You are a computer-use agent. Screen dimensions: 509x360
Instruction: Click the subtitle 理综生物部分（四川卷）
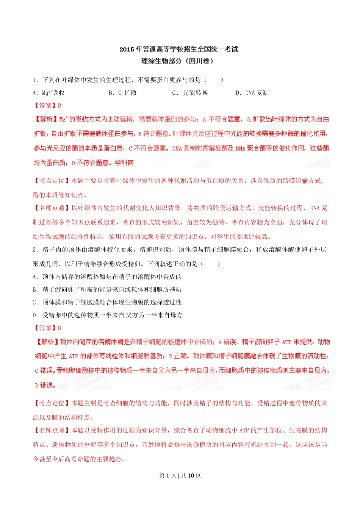click(x=177, y=61)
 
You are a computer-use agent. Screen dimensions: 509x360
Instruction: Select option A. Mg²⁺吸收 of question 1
click(x=49, y=93)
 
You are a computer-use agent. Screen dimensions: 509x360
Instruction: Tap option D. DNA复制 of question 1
click(x=252, y=93)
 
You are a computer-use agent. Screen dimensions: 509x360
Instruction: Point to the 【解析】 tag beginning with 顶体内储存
click(x=48, y=342)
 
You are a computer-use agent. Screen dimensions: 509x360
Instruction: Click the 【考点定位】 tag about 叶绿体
click(x=51, y=181)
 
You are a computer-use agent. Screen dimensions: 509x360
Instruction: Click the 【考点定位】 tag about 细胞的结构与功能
click(x=51, y=403)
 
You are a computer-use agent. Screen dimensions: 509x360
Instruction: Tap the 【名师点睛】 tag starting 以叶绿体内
click(x=51, y=208)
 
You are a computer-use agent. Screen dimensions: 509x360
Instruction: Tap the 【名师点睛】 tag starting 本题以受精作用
click(x=51, y=431)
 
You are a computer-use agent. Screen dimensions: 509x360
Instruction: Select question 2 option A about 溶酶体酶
click(x=107, y=277)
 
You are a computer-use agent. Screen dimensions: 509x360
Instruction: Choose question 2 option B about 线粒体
click(x=107, y=290)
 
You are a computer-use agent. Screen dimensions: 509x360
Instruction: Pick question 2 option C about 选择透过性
click(x=107, y=303)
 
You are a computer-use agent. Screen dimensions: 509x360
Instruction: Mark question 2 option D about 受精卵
click(x=107, y=315)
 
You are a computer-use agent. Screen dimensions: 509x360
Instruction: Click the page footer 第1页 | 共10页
click(x=180, y=476)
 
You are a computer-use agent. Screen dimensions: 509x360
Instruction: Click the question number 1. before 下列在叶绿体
click(x=35, y=80)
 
